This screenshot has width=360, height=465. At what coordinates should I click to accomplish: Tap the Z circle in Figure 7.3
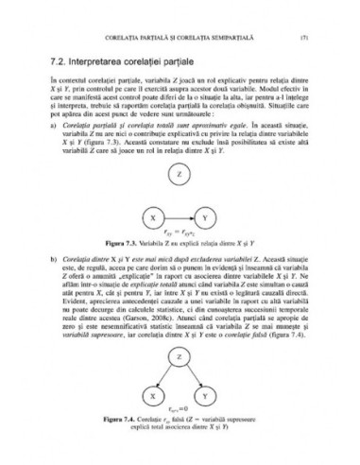[x=179, y=202]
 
